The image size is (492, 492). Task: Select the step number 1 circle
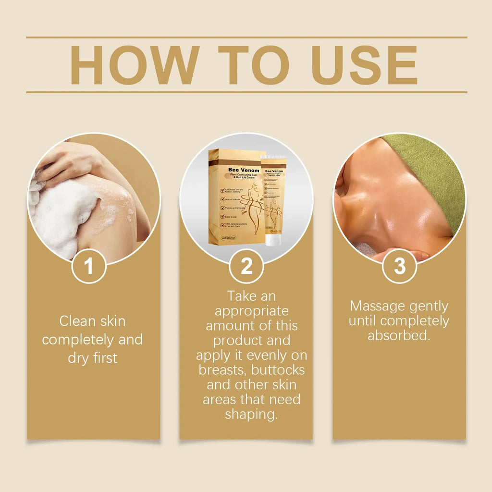(89, 266)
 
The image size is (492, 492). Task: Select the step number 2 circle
(246, 266)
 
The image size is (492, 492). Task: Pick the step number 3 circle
(399, 266)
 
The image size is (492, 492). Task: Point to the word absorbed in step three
(399, 335)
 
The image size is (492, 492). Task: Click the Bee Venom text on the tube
(274, 171)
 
